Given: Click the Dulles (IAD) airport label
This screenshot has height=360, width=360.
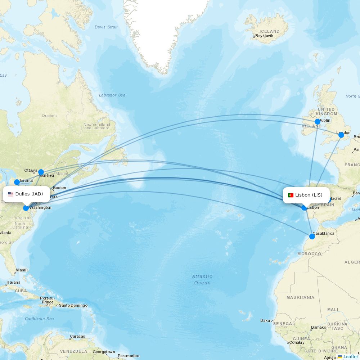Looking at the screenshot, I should point(29,194).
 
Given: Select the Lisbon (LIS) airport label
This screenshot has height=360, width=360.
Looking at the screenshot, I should point(309,195).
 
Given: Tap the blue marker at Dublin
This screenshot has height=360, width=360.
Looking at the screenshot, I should point(318,122).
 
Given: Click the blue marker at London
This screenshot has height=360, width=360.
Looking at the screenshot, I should point(341,135).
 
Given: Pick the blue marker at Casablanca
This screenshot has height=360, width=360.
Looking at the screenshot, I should point(312,237).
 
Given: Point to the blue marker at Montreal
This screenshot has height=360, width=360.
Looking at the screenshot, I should point(41,172).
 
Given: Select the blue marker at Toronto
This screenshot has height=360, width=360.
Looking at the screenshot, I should point(17,182).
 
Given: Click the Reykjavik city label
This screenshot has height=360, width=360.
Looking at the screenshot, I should point(264,36).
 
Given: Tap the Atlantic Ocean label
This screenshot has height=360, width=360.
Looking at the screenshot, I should point(202,280).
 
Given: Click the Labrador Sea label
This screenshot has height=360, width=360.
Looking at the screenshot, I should point(112,95).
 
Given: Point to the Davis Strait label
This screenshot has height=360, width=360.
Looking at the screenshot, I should point(106,27).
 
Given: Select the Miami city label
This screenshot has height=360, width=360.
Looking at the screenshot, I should point(21,270).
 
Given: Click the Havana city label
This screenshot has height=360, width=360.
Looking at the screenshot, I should point(13,282).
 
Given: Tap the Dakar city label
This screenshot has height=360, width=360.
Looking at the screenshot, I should point(266,320).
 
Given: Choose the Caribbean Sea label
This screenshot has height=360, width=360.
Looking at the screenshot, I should point(39,319).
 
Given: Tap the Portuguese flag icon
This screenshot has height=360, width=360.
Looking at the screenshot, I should point(291,195).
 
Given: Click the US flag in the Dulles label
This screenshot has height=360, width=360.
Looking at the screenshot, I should point(10,194).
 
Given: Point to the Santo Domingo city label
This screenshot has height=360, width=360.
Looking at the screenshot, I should point(73,306).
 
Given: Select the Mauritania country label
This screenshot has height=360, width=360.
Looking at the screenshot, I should point(300,297).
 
